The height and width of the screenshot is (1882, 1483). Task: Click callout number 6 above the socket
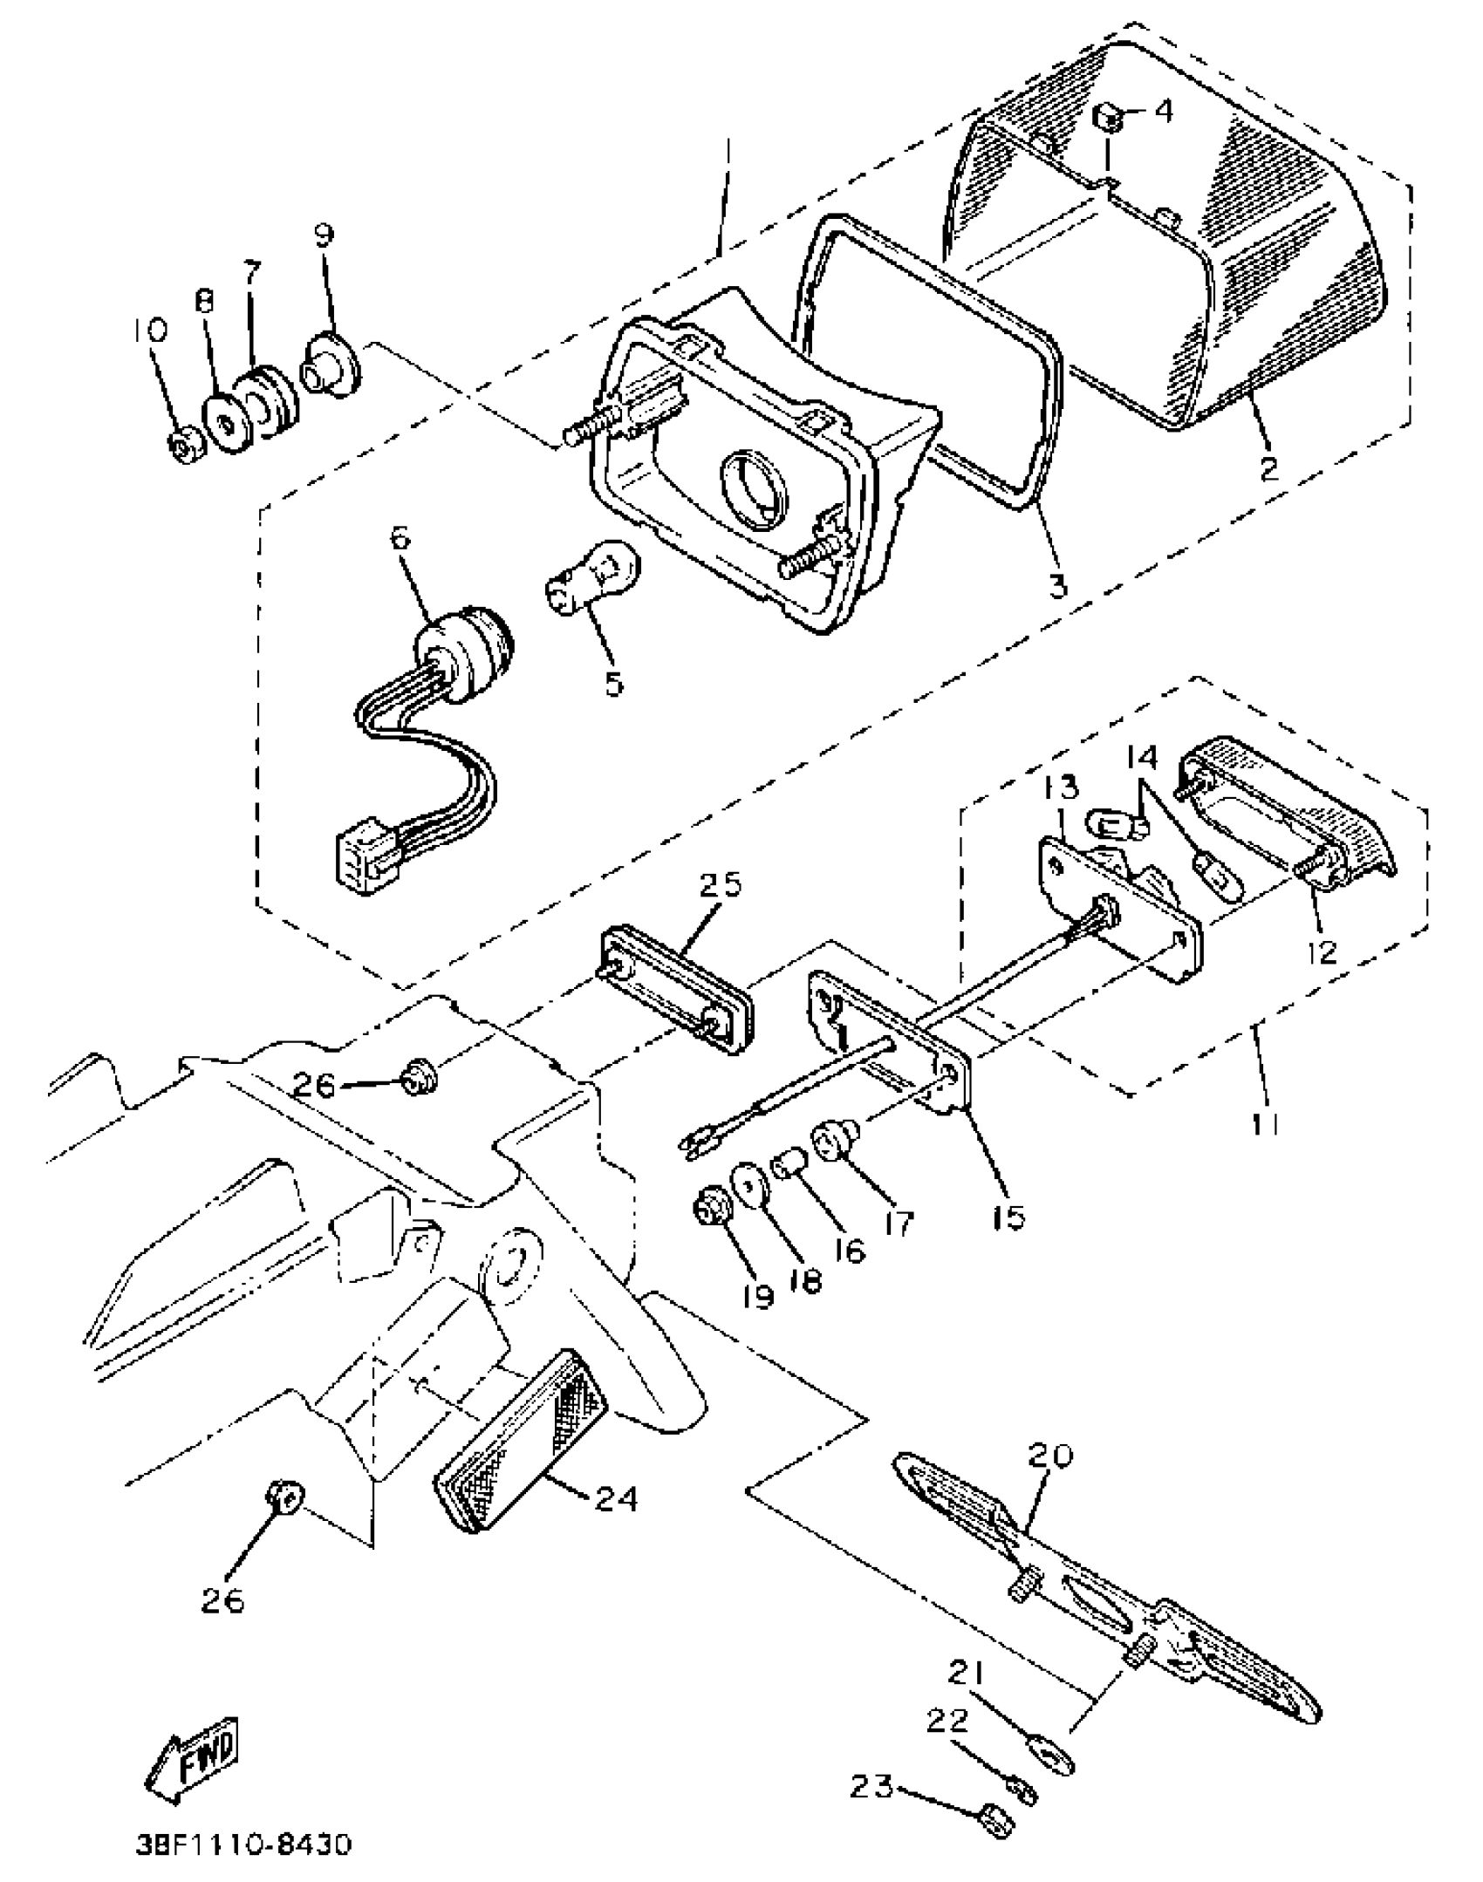pos(400,537)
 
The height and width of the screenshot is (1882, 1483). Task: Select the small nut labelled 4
pos(1110,117)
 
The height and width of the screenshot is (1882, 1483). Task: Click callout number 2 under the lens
pos(1268,467)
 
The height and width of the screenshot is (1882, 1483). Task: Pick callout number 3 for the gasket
pos(1058,585)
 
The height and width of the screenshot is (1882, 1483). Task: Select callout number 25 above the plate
pos(721,884)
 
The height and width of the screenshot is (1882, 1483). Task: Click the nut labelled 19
pos(706,1210)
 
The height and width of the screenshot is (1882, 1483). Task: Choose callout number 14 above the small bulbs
pos(1143,757)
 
